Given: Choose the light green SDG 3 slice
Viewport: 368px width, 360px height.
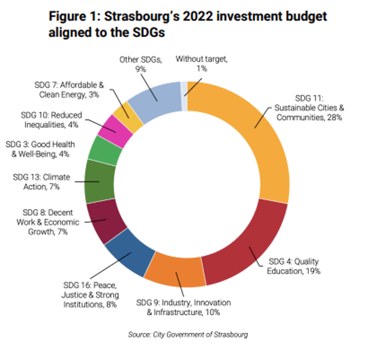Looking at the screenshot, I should [x=104, y=151].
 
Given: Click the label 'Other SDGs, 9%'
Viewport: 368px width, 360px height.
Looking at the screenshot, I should [x=141, y=63].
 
